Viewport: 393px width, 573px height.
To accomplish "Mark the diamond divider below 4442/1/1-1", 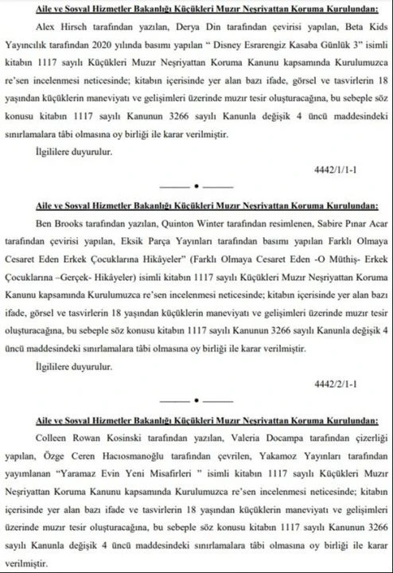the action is click(x=196, y=196).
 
